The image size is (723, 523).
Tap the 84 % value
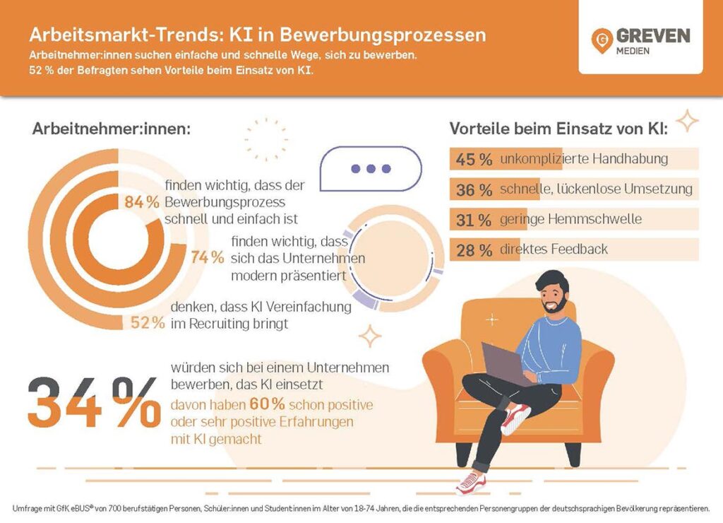tap(142, 202)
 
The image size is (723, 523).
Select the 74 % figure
tap(208, 257)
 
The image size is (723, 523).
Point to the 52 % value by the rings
tap(148, 323)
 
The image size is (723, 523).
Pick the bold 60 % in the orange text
tap(265, 405)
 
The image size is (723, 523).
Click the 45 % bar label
tap(474, 159)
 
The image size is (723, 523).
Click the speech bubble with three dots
tap(370, 168)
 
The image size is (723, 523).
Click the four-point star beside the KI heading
tap(686, 122)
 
